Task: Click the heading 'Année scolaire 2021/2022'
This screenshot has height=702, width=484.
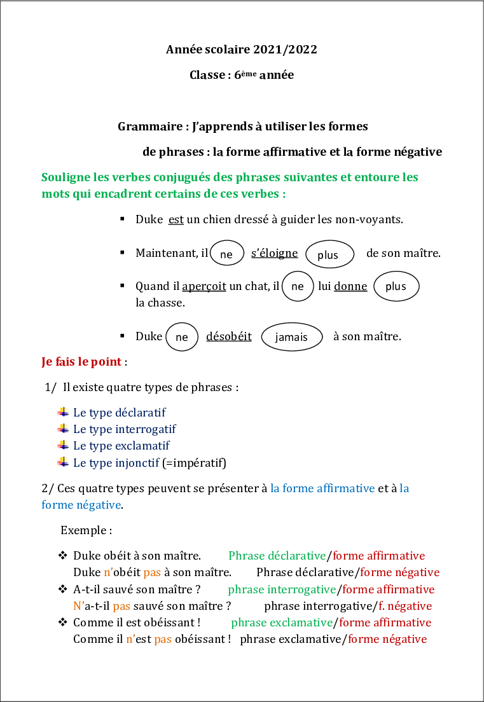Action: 242,50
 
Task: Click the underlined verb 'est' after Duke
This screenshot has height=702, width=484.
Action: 176,220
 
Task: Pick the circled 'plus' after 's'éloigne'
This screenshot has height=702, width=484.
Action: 329,255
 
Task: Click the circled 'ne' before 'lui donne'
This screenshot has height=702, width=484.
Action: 297,287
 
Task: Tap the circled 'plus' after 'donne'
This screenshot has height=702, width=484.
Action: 396,287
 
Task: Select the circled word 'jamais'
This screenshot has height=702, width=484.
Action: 291,337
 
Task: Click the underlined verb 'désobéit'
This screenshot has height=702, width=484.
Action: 229,336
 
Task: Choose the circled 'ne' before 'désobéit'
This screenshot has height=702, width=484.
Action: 182,337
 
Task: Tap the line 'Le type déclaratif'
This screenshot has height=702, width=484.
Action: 120,413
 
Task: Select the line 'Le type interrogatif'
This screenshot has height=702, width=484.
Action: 125,429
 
